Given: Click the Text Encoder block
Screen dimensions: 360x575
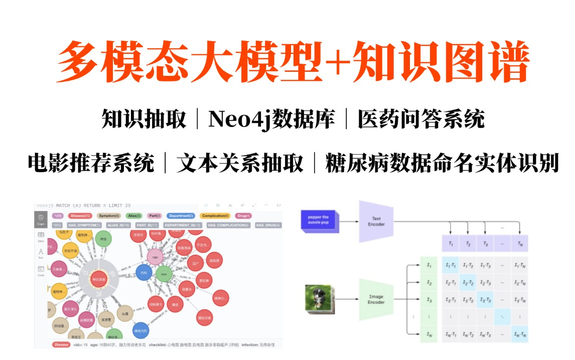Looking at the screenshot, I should click(376, 221).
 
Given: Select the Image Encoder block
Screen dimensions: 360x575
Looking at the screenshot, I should click(376, 299).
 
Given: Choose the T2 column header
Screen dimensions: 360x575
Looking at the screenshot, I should click(468, 244).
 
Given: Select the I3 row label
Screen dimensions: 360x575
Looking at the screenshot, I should click(428, 300).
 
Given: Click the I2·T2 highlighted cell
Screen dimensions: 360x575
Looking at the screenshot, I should click(468, 283).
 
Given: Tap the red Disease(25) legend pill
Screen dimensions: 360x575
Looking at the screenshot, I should click(80, 216).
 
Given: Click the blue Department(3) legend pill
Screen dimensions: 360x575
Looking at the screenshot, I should click(182, 216).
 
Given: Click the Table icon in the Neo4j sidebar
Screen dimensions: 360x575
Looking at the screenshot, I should click(41, 236).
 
